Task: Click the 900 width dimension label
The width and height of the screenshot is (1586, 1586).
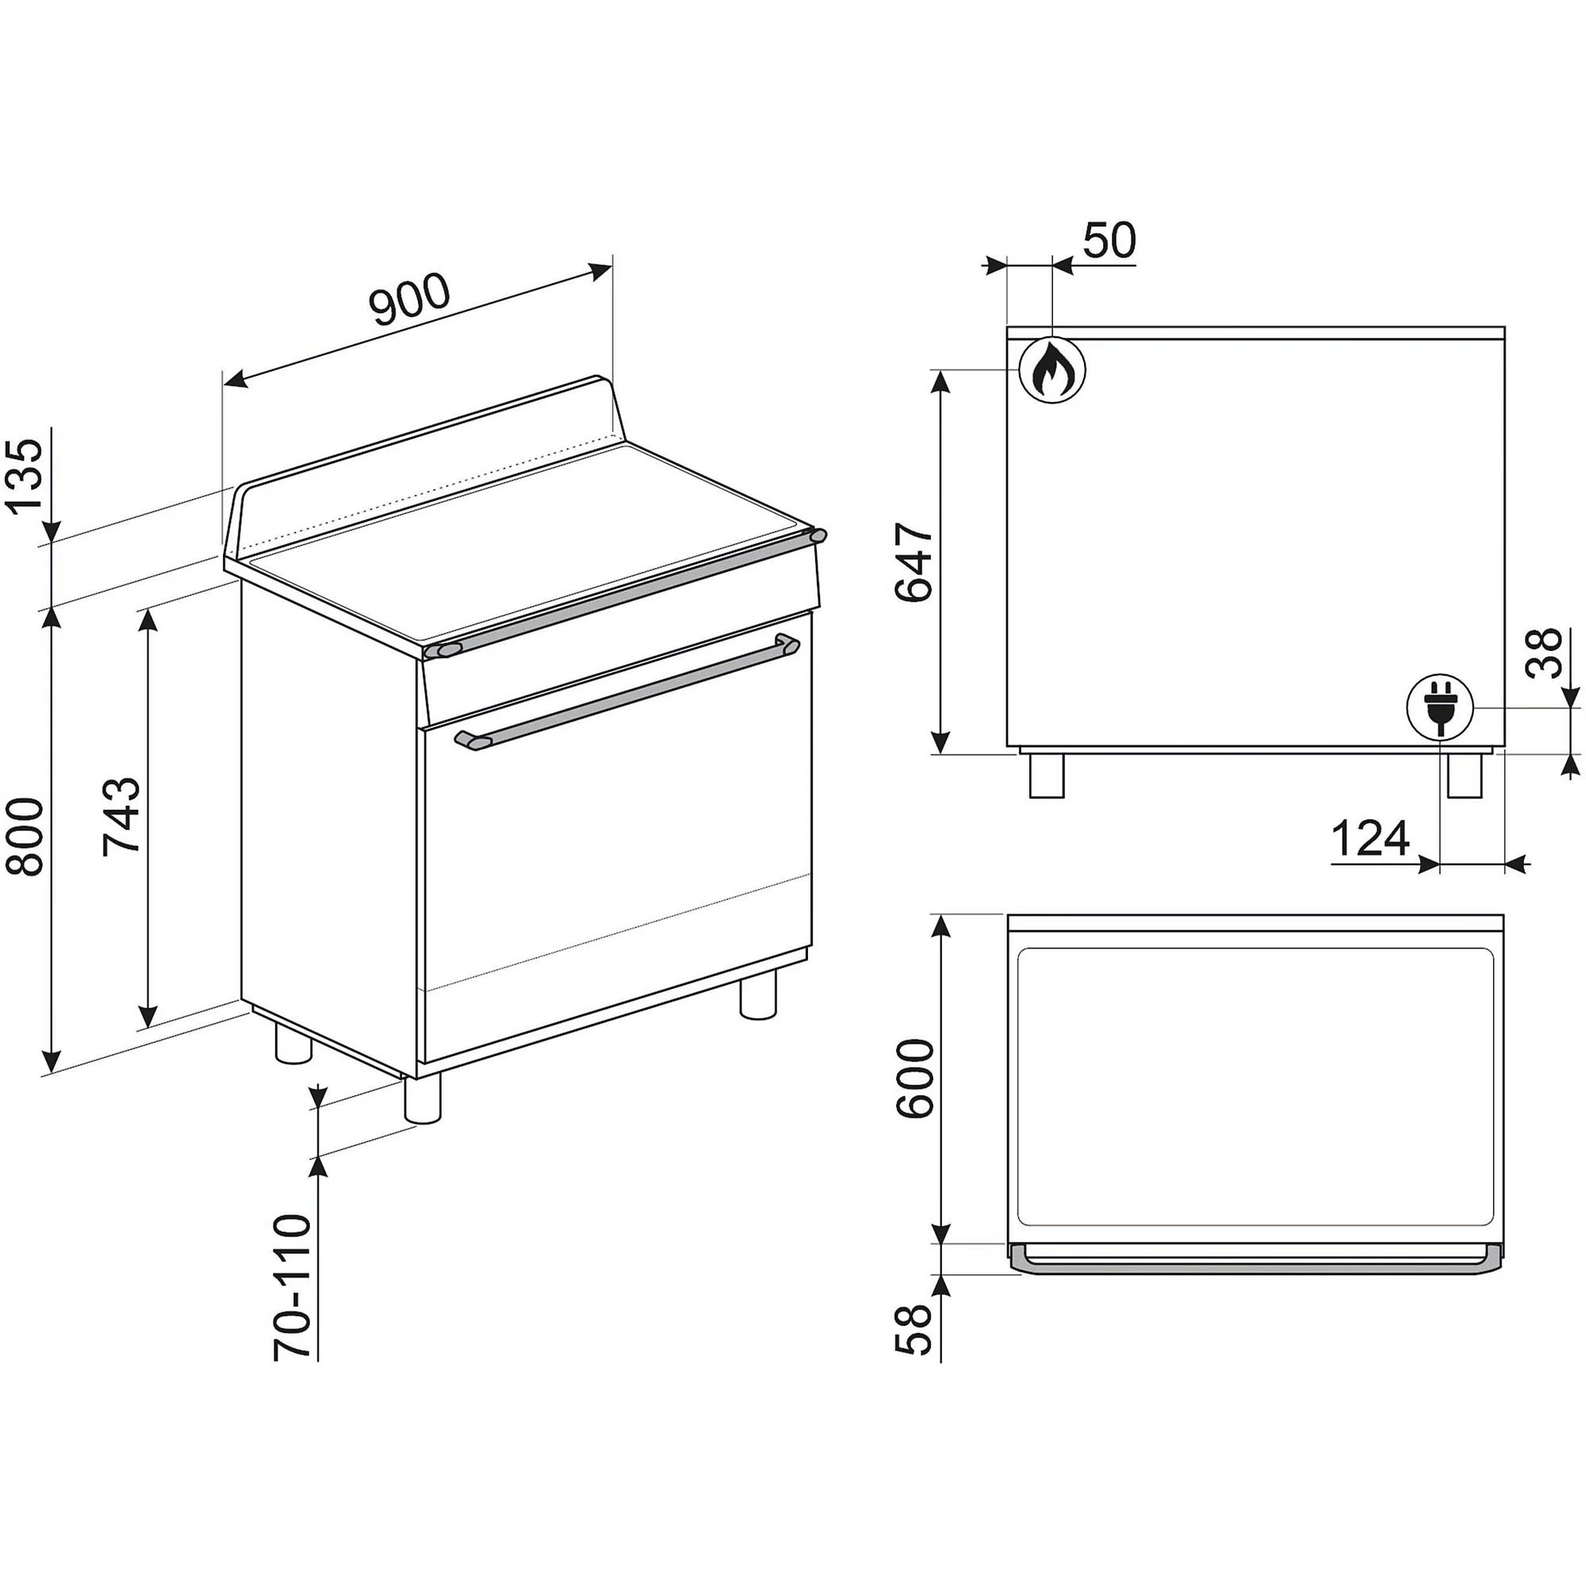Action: [410, 299]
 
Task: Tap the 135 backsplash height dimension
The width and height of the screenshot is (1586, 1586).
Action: [25, 476]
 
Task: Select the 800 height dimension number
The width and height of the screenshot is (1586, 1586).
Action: [25, 837]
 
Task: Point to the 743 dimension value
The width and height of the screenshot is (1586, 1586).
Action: [121, 817]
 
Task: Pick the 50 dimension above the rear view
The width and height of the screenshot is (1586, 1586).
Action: [1109, 239]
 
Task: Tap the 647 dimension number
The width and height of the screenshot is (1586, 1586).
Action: [914, 561]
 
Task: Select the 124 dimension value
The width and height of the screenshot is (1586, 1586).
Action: [1370, 838]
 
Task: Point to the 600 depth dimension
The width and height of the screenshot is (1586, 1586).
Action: [914, 1078]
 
